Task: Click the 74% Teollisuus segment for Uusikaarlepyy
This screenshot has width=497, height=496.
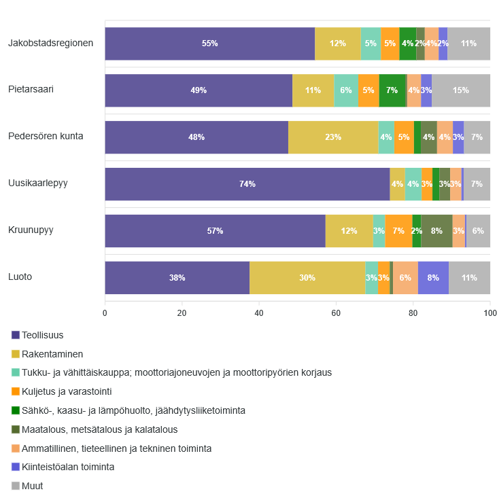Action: (247, 184)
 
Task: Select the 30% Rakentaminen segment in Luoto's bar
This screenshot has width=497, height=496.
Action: (307, 278)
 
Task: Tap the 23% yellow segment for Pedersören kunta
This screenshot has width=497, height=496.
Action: (333, 137)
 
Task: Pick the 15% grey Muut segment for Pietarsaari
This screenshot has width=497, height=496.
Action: (461, 90)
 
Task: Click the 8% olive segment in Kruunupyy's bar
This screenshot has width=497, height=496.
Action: (436, 231)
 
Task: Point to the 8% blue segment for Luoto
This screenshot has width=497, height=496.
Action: (433, 278)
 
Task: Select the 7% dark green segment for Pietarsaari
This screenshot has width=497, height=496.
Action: (392, 90)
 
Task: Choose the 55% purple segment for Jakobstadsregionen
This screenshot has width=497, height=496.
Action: (209, 43)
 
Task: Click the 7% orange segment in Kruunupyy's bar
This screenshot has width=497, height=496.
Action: (398, 231)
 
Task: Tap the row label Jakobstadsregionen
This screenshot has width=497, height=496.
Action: (50, 43)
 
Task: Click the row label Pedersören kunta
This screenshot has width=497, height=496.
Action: (46, 136)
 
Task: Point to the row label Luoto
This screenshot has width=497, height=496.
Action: (20, 277)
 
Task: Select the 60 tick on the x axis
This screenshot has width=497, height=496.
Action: (336, 313)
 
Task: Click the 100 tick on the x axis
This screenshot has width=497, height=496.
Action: (490, 313)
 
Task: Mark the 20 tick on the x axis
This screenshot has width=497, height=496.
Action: (182, 313)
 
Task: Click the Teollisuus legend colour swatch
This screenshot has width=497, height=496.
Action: (16, 335)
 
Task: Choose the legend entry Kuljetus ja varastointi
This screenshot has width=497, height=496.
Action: (67, 391)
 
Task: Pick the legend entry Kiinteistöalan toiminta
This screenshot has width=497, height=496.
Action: (67, 467)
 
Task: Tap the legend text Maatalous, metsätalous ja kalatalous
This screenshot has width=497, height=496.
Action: (99, 429)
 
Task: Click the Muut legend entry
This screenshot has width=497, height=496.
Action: (32, 486)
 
